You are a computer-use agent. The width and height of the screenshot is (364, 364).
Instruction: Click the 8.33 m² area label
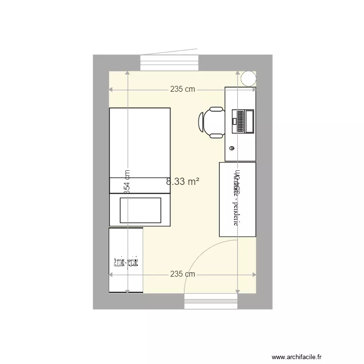[183, 182]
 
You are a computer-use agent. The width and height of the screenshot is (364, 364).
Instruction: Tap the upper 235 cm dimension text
[182, 89]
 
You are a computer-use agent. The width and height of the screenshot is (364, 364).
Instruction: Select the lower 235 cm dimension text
[182, 274]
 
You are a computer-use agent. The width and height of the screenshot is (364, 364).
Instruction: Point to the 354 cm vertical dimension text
[127, 182]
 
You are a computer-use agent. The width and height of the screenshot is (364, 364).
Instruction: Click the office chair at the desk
[212, 122]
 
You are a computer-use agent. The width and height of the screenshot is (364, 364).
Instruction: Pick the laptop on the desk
[243, 121]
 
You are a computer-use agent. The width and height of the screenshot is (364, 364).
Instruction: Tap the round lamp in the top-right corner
[248, 78]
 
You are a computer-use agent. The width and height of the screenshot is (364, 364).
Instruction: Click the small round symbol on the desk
[232, 148]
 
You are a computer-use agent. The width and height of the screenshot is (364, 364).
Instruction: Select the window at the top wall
[170, 63]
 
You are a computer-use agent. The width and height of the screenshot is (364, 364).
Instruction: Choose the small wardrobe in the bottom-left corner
[126, 260]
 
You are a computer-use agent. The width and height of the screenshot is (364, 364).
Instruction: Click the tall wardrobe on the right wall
[237, 199]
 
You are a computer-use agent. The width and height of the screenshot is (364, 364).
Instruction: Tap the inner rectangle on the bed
[140, 210]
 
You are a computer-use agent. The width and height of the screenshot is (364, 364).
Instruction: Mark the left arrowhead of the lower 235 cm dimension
[111, 274]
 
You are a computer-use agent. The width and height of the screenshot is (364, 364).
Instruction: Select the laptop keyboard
[240, 121]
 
